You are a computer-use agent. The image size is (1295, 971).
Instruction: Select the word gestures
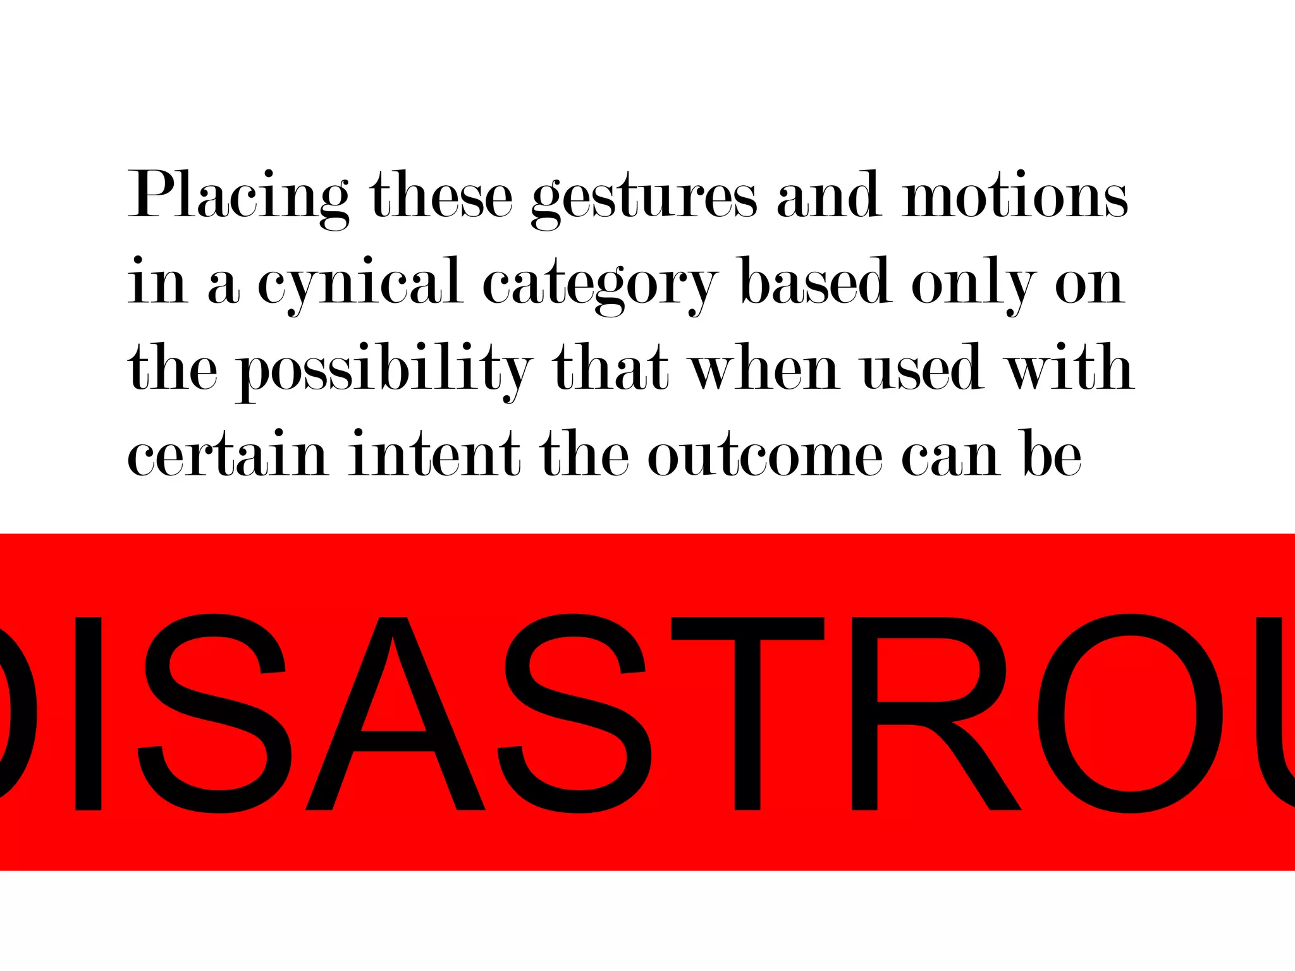(643, 198)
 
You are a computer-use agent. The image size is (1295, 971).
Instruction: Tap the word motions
(1014, 196)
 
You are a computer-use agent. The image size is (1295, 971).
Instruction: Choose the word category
(599, 284)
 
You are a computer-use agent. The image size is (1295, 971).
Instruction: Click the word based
(816, 281)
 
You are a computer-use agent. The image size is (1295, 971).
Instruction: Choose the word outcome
(764, 455)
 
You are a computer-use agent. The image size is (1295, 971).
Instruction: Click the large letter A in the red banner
(395, 714)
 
